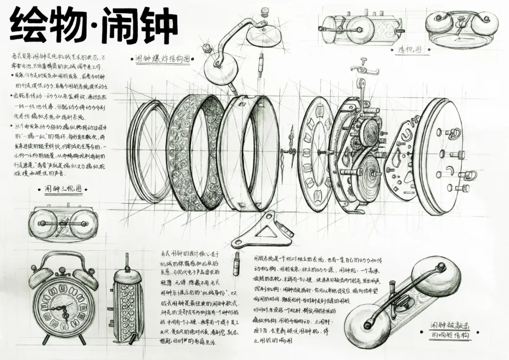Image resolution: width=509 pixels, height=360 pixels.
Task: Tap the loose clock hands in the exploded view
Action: (289, 152)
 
